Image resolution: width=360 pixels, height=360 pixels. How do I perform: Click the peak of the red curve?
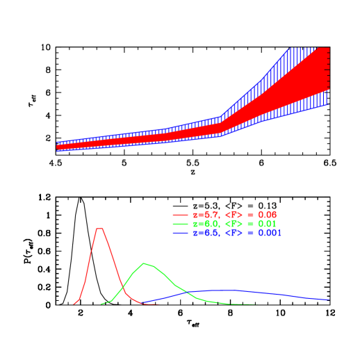tap(100, 228)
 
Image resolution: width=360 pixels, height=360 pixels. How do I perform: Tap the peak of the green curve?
tap(145, 263)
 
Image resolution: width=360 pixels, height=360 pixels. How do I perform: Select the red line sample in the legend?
tap(180, 215)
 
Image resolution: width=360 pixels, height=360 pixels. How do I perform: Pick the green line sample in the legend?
tap(180, 224)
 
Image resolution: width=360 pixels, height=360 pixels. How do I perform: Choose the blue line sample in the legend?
tap(180, 233)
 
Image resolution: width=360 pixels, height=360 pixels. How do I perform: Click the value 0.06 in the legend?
tap(267, 215)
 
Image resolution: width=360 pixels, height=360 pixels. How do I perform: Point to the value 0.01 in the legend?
tap(267, 224)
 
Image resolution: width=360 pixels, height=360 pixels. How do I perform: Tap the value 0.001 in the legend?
tap(270, 233)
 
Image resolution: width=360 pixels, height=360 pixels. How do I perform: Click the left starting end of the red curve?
tap(74, 304)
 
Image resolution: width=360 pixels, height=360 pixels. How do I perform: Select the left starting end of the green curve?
tap(101, 304)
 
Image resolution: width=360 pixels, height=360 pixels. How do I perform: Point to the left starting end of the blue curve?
tap(142, 304)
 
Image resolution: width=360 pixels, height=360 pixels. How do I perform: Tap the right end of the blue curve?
tap(329, 300)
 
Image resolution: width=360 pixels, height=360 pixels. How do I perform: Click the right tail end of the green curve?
tap(258, 304)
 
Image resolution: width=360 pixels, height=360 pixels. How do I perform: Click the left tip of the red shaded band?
tap(57, 147)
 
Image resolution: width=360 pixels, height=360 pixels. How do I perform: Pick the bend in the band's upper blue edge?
tap(221, 117)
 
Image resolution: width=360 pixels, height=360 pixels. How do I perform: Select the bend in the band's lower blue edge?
tap(221, 136)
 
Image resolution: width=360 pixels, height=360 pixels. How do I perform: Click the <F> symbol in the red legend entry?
tap(234, 215)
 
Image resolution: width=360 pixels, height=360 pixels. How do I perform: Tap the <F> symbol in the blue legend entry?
tap(234, 233)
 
